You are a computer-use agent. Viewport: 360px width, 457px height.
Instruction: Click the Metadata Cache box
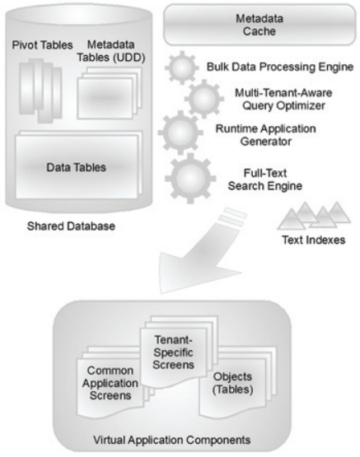click(x=259, y=25)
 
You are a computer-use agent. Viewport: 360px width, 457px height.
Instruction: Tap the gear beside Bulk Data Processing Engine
click(x=182, y=68)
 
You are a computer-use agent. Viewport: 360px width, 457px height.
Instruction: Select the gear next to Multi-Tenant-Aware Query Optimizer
click(x=204, y=99)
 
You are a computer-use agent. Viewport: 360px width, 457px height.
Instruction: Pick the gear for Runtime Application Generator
click(x=180, y=133)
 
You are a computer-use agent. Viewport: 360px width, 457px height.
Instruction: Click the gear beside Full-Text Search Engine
click(x=190, y=178)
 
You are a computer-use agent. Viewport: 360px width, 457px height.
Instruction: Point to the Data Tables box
click(x=77, y=167)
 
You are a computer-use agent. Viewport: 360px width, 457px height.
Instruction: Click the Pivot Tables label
click(x=42, y=45)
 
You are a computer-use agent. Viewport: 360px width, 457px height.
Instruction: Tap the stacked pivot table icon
click(x=41, y=91)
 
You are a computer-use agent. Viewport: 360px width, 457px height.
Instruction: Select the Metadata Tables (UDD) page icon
click(x=110, y=93)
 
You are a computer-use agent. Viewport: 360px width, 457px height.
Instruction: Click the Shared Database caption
click(x=71, y=226)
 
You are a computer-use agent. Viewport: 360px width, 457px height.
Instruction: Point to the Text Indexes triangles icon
click(x=314, y=216)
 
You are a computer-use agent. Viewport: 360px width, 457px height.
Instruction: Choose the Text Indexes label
click(x=314, y=240)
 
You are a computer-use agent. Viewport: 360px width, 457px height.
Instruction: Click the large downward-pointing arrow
click(x=201, y=252)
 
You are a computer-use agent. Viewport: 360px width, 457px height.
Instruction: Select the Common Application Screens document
click(x=110, y=383)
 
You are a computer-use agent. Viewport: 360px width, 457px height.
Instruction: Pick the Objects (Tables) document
click(x=232, y=383)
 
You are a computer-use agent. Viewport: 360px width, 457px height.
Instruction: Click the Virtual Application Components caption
click(x=172, y=440)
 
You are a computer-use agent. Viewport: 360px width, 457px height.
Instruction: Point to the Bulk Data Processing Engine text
click(x=280, y=67)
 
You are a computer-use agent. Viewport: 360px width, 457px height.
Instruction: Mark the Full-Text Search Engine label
click(x=265, y=180)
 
